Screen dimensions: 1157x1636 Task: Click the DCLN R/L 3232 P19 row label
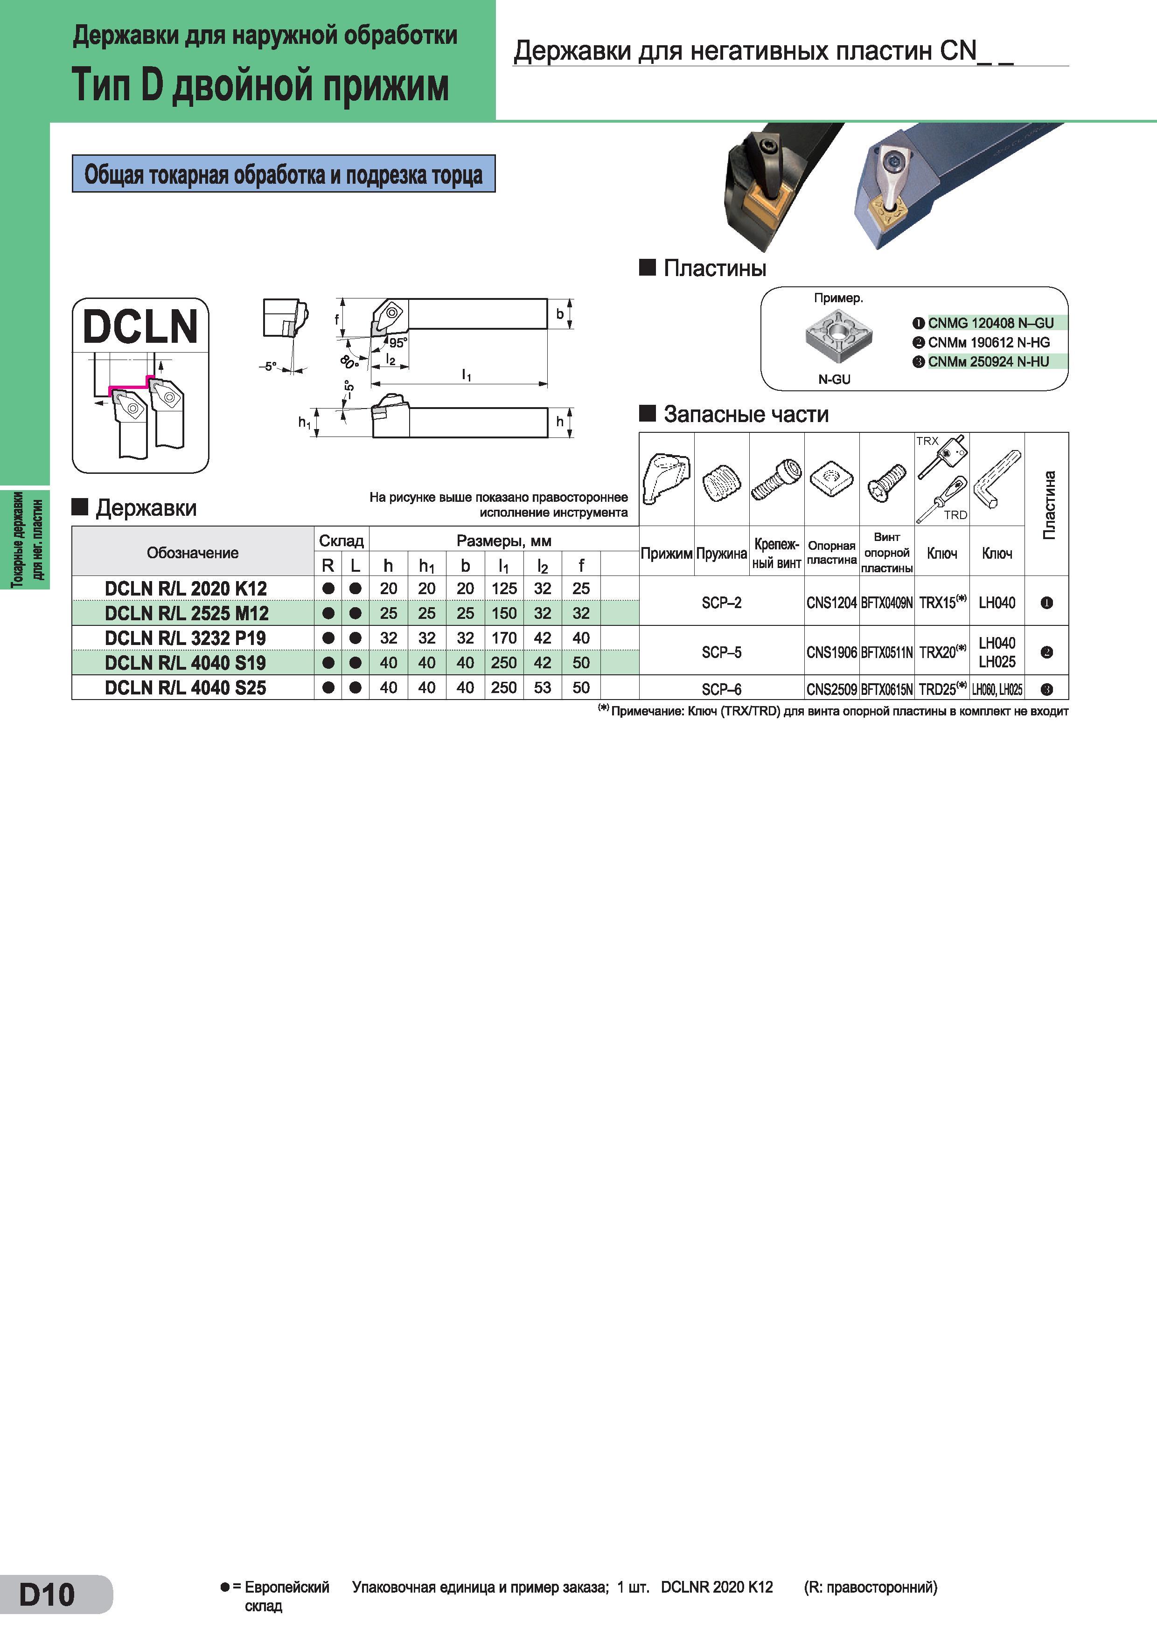click(185, 638)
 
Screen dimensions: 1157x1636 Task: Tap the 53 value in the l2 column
click(543, 687)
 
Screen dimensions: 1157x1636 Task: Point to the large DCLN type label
click(140, 326)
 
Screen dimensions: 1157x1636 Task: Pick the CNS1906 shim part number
click(831, 652)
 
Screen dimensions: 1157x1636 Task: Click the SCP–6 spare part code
click(721, 689)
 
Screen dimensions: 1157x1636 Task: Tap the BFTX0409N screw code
click(887, 603)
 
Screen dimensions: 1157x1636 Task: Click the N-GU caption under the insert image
click(834, 380)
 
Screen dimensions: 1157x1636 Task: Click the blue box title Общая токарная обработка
click(283, 174)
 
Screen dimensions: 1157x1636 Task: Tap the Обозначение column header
click(193, 553)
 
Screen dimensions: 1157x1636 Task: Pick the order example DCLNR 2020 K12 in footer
click(717, 1587)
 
